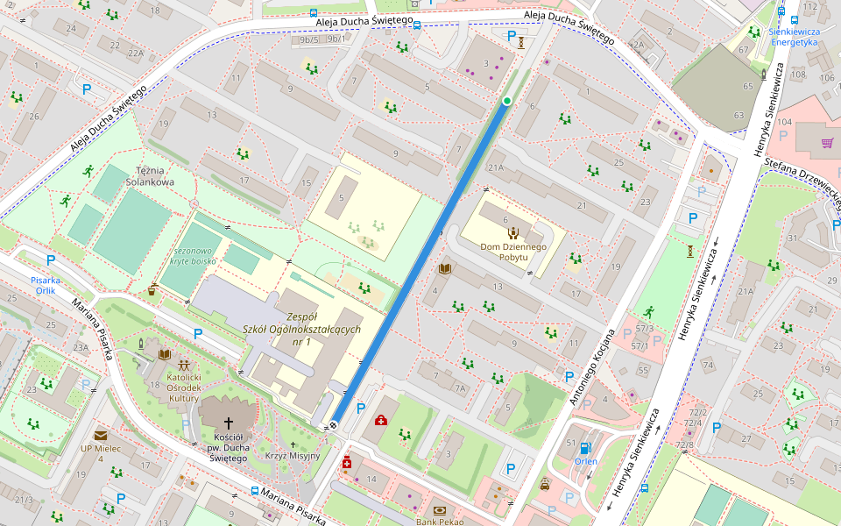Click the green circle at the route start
[x=506, y=102]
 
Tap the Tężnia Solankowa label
[x=150, y=176]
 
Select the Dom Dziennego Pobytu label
[x=513, y=252]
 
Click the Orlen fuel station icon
[x=585, y=448]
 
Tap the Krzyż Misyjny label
[x=293, y=456]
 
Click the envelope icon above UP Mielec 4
[x=101, y=435]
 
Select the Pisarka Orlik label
[x=47, y=286]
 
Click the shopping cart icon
[x=827, y=143]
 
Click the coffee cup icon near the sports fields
[x=153, y=288]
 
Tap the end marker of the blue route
[x=333, y=425]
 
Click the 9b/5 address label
[x=309, y=39]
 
